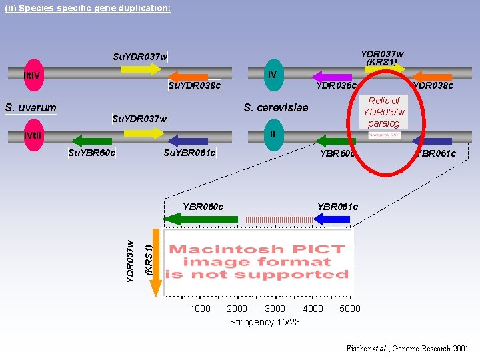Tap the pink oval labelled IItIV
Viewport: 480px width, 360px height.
coord(33,74)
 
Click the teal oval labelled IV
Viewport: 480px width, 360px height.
coord(273,75)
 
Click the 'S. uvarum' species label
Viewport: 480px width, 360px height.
coord(31,107)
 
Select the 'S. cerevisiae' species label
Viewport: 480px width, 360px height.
coord(276,107)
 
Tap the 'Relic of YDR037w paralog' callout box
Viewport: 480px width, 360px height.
coord(383,112)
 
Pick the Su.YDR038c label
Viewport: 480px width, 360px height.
coord(194,86)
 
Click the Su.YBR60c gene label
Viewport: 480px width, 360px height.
coord(92,153)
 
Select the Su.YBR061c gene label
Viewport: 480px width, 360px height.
coord(189,153)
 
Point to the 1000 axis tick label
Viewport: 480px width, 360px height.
coord(200,309)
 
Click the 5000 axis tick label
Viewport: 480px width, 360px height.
coord(349,309)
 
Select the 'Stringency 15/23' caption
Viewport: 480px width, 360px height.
coord(265,322)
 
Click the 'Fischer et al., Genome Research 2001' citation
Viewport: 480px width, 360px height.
coord(407,349)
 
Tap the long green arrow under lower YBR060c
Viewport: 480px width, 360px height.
coord(200,219)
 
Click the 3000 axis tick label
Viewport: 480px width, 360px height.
coord(275,309)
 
